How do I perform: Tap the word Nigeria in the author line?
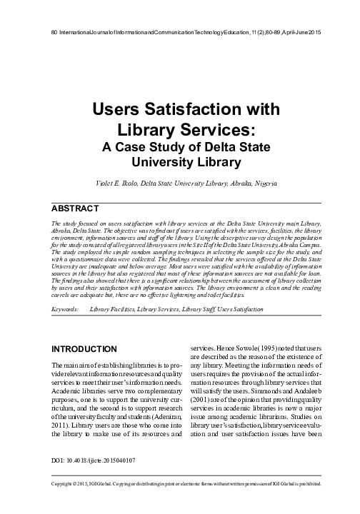(x=262, y=183)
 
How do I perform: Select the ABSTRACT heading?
(x=74, y=208)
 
